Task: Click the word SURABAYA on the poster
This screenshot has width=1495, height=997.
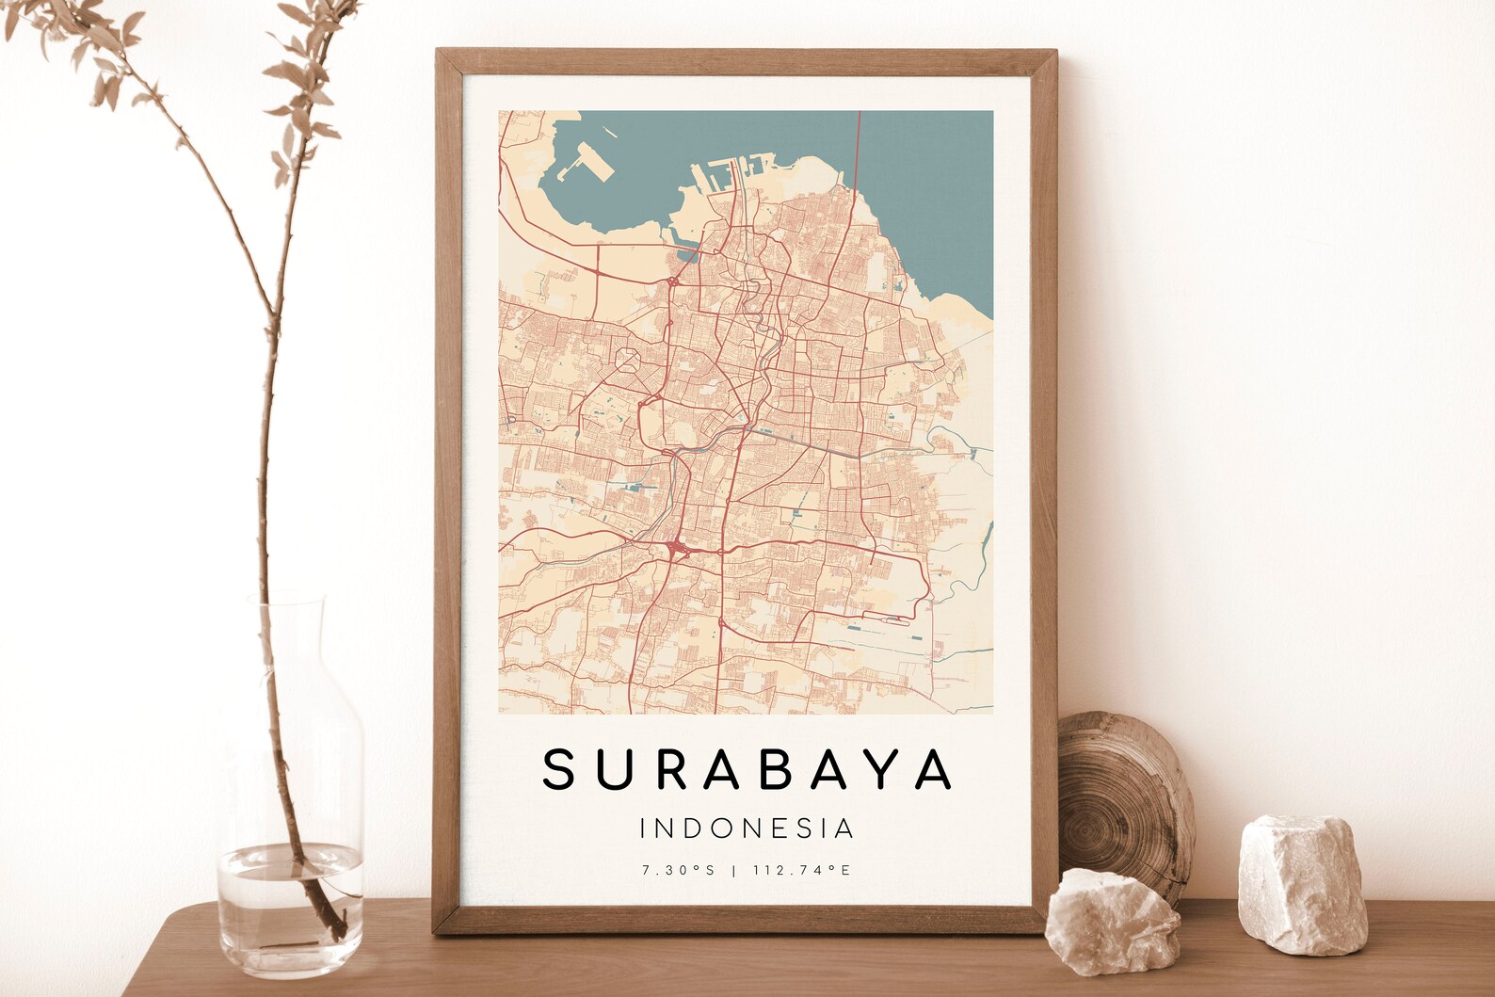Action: pyautogui.click(x=747, y=768)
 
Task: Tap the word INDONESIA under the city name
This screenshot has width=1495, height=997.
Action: pyautogui.click(x=747, y=828)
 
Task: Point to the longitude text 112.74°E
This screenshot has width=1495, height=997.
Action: pyautogui.click(x=801, y=871)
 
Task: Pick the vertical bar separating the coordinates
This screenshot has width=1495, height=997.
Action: pyautogui.click(x=734, y=871)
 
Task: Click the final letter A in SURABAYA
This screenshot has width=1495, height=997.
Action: pyautogui.click(x=935, y=768)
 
